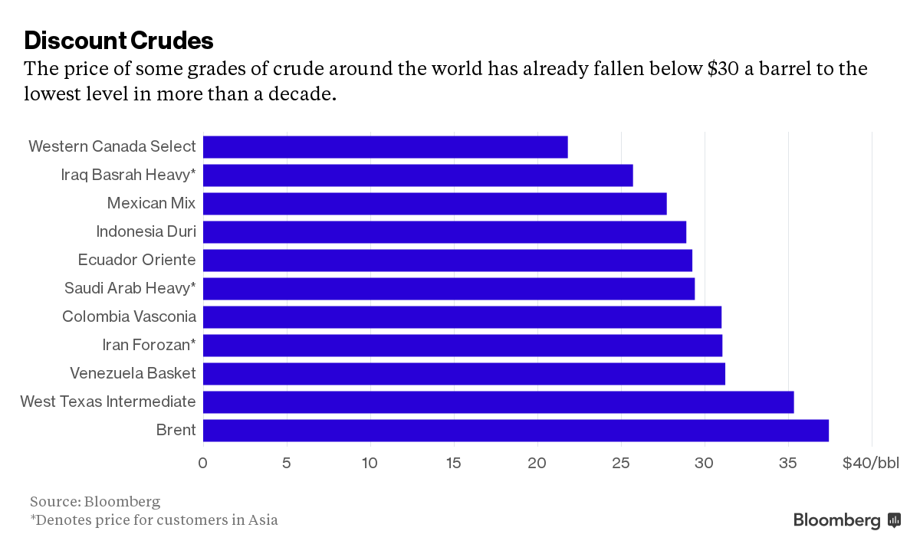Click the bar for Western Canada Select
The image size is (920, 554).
385,147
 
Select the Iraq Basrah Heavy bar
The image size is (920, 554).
418,175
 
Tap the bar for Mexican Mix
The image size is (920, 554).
435,204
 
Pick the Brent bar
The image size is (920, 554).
515,431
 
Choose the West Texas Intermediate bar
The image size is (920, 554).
498,402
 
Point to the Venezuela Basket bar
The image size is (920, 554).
464,374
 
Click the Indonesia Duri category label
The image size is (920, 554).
146,231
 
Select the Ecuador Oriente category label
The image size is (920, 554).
136,260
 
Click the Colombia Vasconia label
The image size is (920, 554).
129,316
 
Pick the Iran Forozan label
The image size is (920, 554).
149,345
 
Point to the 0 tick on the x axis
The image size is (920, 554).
202,463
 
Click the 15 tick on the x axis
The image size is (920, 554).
454,463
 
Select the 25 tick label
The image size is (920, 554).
621,463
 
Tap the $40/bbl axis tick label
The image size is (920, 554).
870,463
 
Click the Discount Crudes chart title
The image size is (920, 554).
119,40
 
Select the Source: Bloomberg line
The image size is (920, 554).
95,502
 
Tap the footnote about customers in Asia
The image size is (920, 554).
153,520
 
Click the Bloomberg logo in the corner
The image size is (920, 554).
846,520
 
